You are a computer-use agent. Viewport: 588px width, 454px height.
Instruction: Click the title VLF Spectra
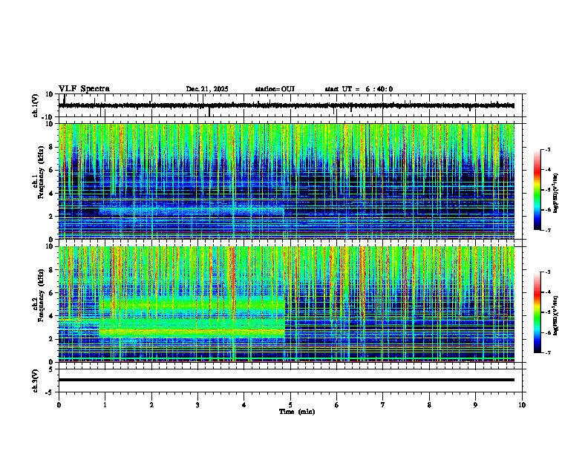pyautogui.click(x=84, y=88)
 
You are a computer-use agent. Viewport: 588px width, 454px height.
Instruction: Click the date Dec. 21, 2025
pyautogui.click(x=207, y=89)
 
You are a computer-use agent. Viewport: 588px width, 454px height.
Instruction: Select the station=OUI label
pyautogui.click(x=275, y=89)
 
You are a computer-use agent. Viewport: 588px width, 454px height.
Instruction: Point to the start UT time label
pyautogui.click(x=359, y=89)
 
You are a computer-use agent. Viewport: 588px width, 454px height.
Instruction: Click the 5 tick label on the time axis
pyautogui.click(x=290, y=404)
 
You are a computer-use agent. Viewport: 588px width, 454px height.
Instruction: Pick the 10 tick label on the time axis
pyautogui.click(x=522, y=404)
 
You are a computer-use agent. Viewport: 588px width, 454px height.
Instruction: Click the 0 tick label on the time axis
pyautogui.click(x=59, y=404)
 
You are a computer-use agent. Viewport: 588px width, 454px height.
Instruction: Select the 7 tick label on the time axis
pyautogui.click(x=383, y=404)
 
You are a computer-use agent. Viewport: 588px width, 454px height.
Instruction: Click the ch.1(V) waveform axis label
pyautogui.click(x=36, y=105)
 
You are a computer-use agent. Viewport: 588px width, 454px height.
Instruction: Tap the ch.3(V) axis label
pyautogui.click(x=36, y=379)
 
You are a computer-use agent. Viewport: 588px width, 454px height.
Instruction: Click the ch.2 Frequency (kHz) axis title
pyautogui.click(x=36, y=304)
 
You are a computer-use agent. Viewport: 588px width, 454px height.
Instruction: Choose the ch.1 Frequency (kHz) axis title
pyautogui.click(x=36, y=182)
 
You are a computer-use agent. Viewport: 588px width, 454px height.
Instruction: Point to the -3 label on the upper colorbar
pyautogui.click(x=547, y=150)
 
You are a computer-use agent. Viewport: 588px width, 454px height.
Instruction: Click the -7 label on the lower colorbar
pyautogui.click(x=547, y=353)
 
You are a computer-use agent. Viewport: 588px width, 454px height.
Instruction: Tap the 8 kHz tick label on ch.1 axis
pyautogui.click(x=52, y=147)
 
